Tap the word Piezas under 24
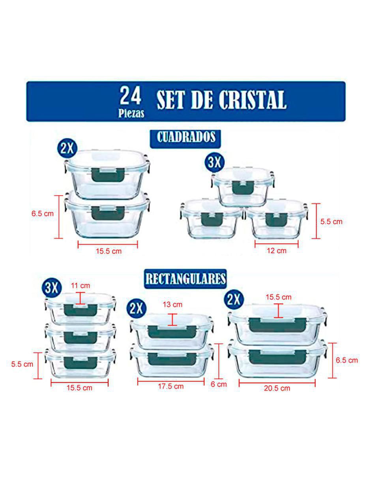(131, 113)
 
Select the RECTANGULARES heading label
(185, 279)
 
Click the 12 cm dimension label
(277, 250)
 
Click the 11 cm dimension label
(81, 286)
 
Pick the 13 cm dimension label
(172, 305)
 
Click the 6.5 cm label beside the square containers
(43, 214)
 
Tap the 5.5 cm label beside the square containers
(331, 222)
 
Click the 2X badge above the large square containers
(67, 149)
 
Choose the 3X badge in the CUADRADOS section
(215, 162)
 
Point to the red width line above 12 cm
(277, 244)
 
